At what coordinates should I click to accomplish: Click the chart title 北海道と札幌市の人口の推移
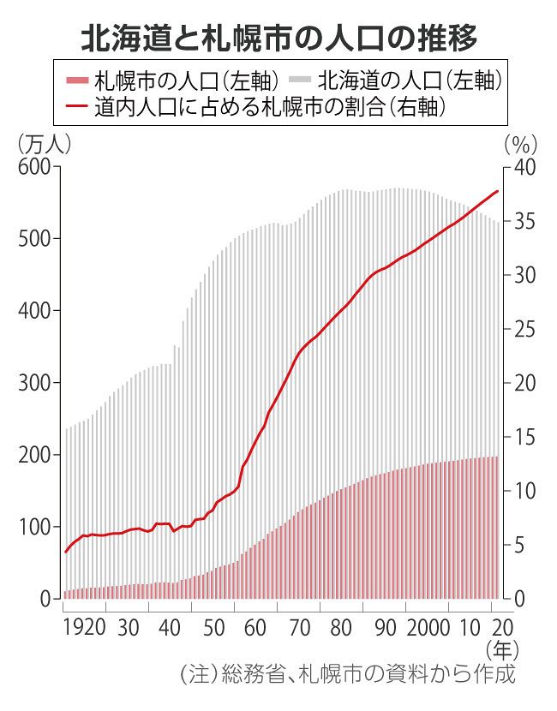[x=278, y=37]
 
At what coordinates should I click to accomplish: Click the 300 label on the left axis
[x=33, y=383]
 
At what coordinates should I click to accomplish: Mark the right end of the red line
[x=497, y=191]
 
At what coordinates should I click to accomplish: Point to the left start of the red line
[x=65, y=553]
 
